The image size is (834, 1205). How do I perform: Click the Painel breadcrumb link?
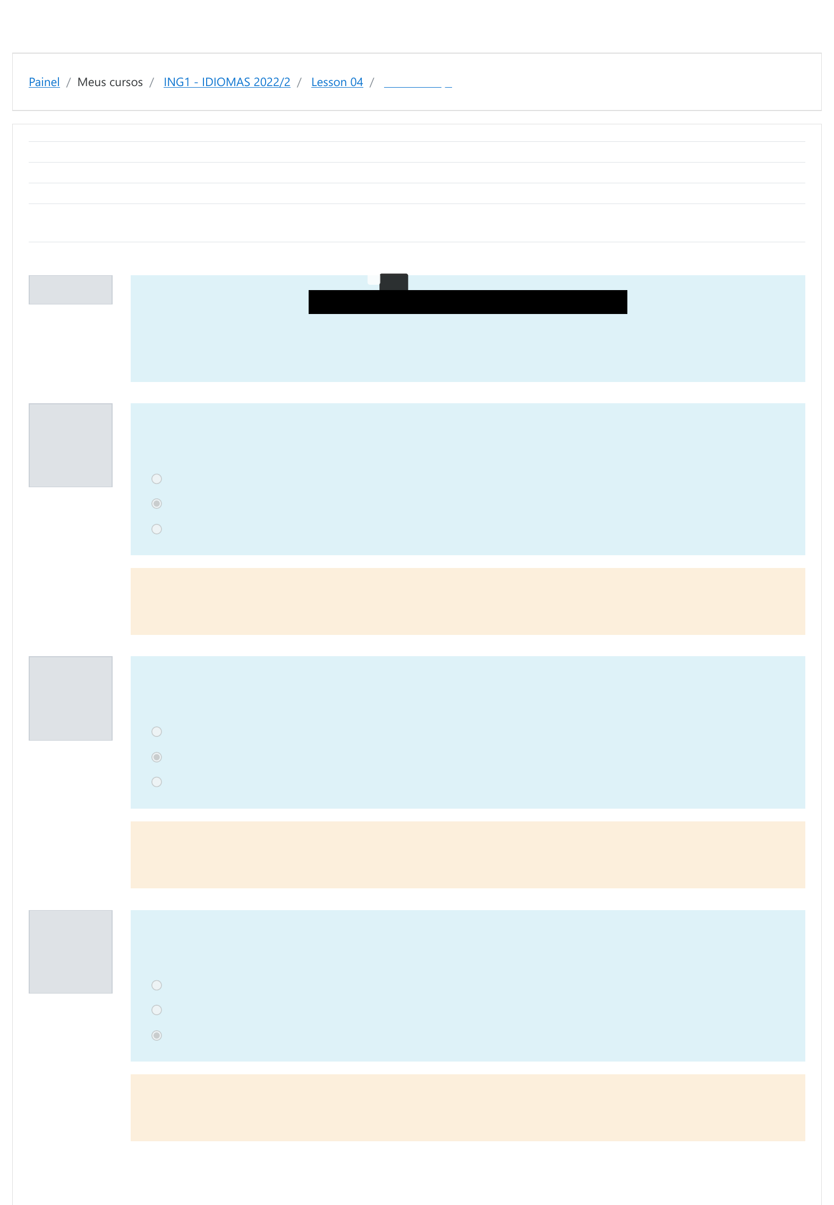coord(44,82)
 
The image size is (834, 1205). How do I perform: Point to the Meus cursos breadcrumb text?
coord(110,82)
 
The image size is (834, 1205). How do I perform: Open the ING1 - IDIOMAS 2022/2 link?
coord(227,82)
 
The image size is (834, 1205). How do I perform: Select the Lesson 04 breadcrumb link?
coord(337,82)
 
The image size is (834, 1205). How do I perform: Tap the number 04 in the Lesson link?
coord(356,82)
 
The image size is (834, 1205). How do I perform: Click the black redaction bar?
coord(467,302)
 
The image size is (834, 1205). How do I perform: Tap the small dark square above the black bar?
coord(394,282)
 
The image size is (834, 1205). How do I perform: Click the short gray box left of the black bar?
coord(71,290)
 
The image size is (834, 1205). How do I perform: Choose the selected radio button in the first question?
coord(157,504)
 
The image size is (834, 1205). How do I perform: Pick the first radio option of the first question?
coord(157,479)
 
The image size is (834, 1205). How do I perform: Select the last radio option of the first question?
coord(157,529)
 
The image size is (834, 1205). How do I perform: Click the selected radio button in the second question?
coord(157,757)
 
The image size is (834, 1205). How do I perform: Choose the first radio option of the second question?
coord(157,732)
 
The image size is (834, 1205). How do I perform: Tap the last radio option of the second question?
coord(157,782)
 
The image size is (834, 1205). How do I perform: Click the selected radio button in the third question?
coord(157,1035)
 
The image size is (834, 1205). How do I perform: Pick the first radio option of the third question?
coord(157,985)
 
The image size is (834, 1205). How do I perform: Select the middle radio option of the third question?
coord(157,1010)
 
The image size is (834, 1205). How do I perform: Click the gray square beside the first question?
coord(71,445)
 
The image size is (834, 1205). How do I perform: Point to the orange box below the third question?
coord(467,1107)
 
